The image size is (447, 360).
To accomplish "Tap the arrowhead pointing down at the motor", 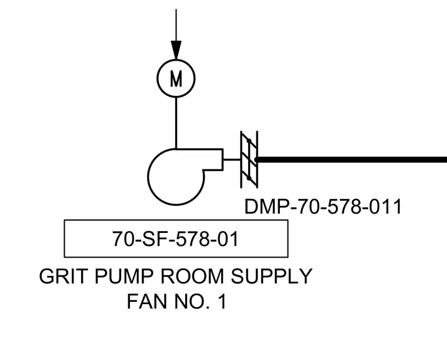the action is tap(176, 50).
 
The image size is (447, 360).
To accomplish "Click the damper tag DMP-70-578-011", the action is tap(323, 206).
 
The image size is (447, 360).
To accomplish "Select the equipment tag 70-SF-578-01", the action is tap(175, 239).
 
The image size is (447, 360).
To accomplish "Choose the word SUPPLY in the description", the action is tap(272, 276).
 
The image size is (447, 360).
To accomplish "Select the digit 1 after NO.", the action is tap(222, 302).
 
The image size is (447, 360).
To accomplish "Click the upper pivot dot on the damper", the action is tap(249, 141).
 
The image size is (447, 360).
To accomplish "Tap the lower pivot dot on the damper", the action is tap(249, 178).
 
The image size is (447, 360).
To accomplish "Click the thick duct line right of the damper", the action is tap(351, 159).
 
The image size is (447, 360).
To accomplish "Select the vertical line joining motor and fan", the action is tap(176, 123).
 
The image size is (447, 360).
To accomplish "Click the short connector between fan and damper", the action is tap(232, 159).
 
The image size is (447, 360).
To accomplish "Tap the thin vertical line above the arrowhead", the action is tap(176, 25).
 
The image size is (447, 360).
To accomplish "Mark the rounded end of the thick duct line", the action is tap(257, 159).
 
